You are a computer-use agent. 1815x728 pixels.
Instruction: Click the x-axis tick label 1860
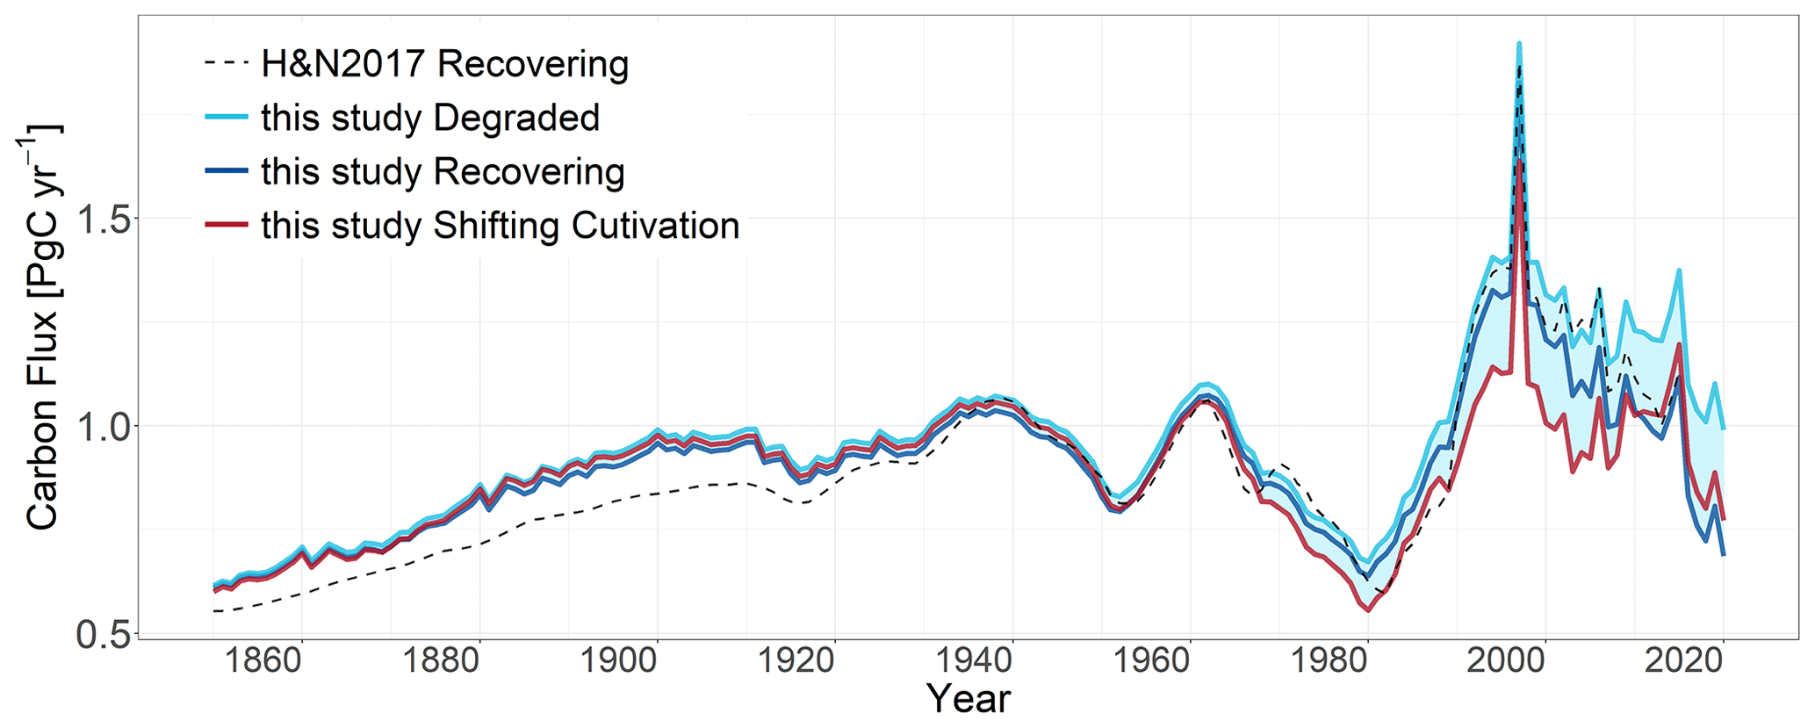[x=263, y=660]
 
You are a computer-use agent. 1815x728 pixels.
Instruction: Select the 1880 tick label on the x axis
[x=441, y=660]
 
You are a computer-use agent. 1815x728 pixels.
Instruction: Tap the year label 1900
[x=618, y=660]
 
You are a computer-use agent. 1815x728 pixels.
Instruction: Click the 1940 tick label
[x=974, y=660]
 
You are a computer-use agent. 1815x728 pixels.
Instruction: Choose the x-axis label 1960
[x=1151, y=660]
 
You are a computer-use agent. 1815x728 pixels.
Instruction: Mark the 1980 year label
[x=1329, y=660]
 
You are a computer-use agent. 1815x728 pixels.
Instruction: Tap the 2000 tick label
[x=1506, y=660]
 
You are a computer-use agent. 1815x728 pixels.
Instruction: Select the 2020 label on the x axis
[x=1684, y=660]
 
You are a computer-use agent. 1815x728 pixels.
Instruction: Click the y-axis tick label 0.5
[x=103, y=634]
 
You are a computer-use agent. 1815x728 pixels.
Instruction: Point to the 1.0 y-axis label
[x=103, y=426]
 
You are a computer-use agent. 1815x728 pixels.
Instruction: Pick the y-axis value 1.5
[x=103, y=219]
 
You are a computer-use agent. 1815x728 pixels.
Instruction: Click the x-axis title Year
[x=969, y=699]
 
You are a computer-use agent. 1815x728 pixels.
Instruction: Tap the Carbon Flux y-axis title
[x=41, y=328]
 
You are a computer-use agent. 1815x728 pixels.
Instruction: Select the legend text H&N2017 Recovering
[x=444, y=64]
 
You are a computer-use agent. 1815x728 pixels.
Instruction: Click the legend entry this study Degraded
[x=430, y=118]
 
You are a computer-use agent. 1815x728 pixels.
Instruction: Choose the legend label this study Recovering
[x=443, y=172]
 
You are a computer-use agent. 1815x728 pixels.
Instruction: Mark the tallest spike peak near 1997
[x=1519, y=44]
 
